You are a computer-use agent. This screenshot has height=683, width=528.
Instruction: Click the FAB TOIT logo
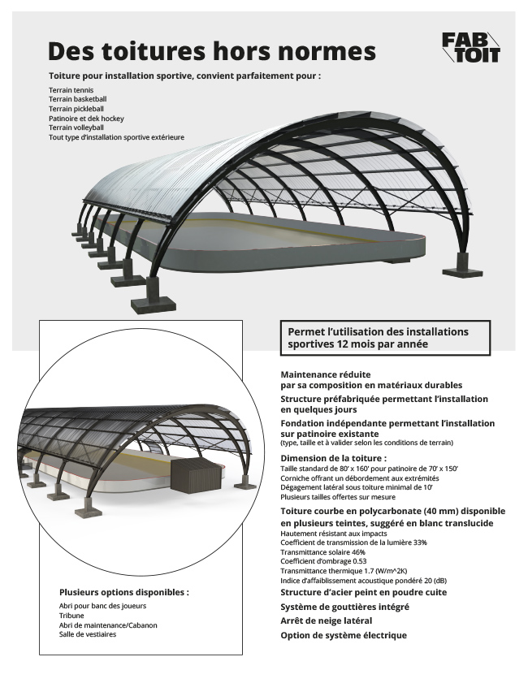coord(471,47)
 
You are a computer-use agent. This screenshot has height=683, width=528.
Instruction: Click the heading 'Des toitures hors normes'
coord(212,51)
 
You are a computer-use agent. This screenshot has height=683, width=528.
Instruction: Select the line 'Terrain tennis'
coord(71,90)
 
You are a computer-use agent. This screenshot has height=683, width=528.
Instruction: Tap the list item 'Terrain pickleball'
coord(76,109)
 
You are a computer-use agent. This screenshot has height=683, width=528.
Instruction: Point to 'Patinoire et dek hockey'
coord(86,119)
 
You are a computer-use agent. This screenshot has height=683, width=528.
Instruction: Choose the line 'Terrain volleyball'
coord(76,128)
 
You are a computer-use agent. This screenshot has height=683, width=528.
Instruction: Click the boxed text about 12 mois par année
coord(385,338)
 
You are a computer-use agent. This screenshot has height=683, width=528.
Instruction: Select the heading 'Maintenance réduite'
coord(326,374)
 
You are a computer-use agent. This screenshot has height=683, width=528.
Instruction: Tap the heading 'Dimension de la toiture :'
coord(334,458)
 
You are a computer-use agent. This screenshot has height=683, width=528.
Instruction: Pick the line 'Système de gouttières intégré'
coord(344,607)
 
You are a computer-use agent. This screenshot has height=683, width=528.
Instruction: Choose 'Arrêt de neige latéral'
coord(326,620)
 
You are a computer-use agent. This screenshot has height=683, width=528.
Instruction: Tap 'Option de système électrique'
coord(344,636)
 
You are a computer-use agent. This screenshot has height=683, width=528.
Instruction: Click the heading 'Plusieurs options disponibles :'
coord(124,592)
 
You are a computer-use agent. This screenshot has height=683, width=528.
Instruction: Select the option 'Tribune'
coord(71,616)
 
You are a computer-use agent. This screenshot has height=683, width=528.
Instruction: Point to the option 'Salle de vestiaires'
coord(88,634)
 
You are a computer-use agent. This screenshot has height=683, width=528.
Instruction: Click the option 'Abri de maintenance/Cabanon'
coord(108,625)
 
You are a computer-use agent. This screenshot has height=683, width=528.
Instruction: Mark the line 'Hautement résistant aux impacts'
coord(334,533)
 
